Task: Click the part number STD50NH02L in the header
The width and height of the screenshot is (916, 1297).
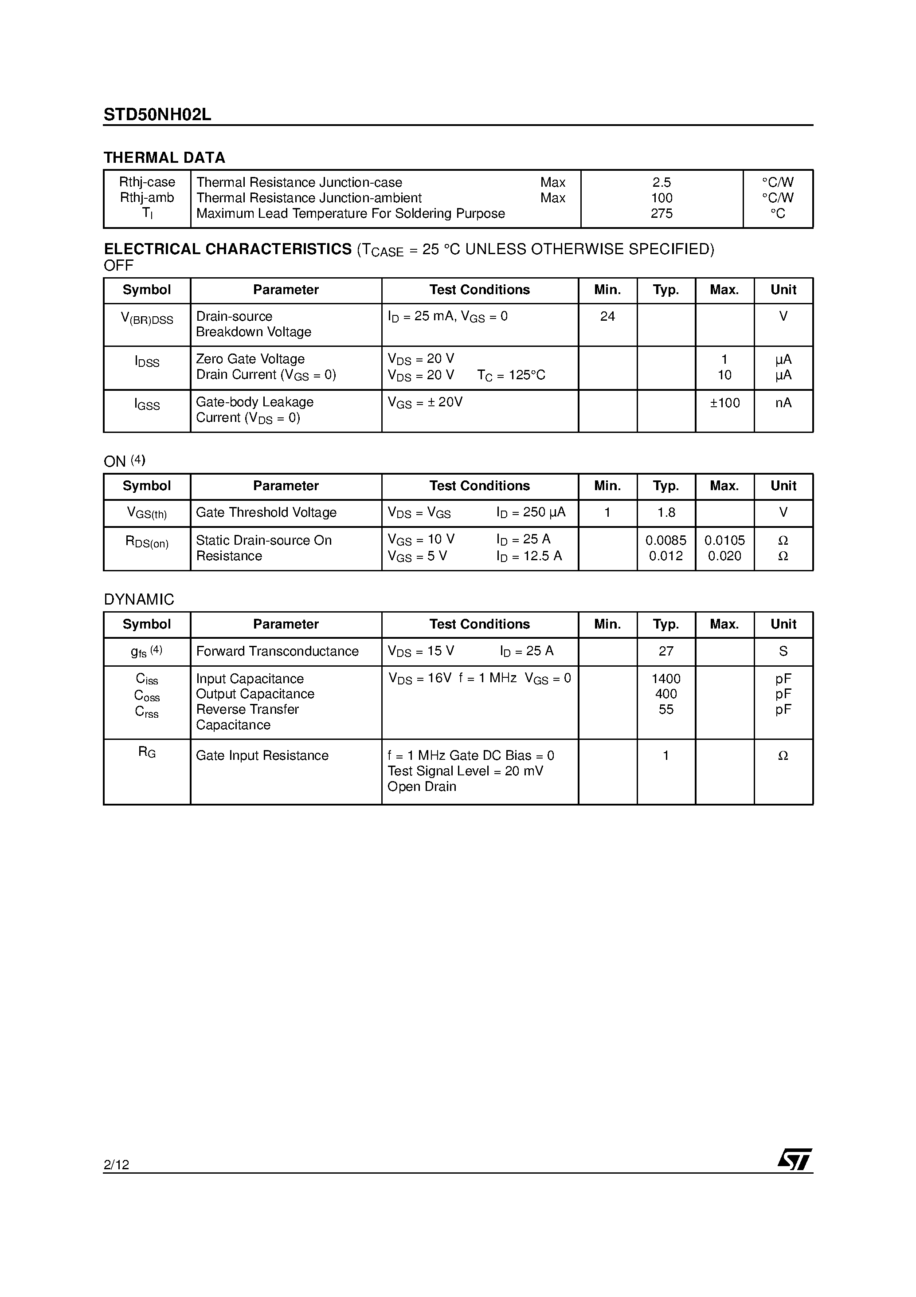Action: [157, 115]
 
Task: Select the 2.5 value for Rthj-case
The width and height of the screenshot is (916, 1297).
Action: [662, 182]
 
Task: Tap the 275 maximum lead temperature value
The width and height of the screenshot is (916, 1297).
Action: [662, 213]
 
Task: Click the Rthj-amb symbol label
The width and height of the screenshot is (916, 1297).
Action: [147, 198]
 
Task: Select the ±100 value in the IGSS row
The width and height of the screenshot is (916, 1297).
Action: [724, 403]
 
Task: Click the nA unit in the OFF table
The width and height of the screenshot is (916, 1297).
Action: [783, 403]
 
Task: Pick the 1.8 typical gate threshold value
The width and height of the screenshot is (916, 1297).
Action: [666, 512]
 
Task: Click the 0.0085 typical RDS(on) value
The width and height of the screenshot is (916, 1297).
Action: [666, 540]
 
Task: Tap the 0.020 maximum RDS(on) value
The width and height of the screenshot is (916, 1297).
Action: [724, 556]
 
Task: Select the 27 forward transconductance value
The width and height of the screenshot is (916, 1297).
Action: [666, 651]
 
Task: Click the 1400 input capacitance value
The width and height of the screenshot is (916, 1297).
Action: [666, 678]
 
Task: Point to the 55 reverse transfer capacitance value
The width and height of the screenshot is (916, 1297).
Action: [666, 710]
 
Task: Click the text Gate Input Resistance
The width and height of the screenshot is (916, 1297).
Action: [262, 756]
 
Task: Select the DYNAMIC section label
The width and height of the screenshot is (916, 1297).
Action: [139, 599]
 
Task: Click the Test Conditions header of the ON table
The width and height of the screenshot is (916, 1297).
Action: [479, 486]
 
